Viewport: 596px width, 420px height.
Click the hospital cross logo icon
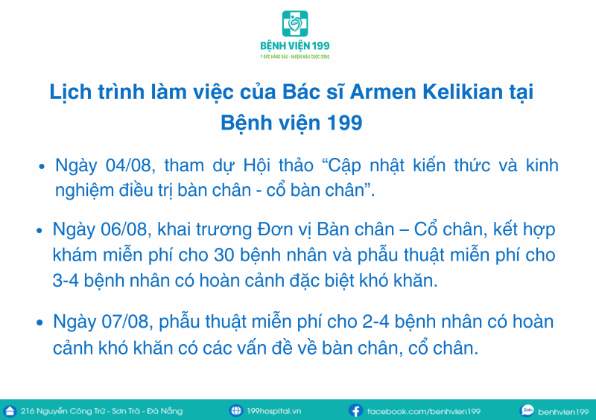click(295, 24)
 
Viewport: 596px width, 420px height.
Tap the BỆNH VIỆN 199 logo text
click(295, 46)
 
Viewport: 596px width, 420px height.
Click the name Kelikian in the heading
click(463, 92)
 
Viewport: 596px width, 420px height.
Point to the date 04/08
click(130, 166)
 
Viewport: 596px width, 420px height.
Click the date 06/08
click(124, 229)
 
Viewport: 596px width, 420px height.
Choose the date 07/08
click(125, 322)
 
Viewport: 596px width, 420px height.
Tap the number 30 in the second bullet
click(224, 255)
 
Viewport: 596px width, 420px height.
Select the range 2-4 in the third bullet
click(376, 322)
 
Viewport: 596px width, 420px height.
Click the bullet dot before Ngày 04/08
click(42, 167)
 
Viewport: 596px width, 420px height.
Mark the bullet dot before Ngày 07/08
click(39, 322)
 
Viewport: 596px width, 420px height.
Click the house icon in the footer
click(10, 411)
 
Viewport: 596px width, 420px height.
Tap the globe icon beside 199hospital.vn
click(235, 411)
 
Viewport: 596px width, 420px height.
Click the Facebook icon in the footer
click(355, 411)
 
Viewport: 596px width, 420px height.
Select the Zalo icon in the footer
click(527, 410)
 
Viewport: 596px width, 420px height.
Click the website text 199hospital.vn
click(274, 411)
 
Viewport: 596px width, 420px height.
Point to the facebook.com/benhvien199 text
click(424, 411)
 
